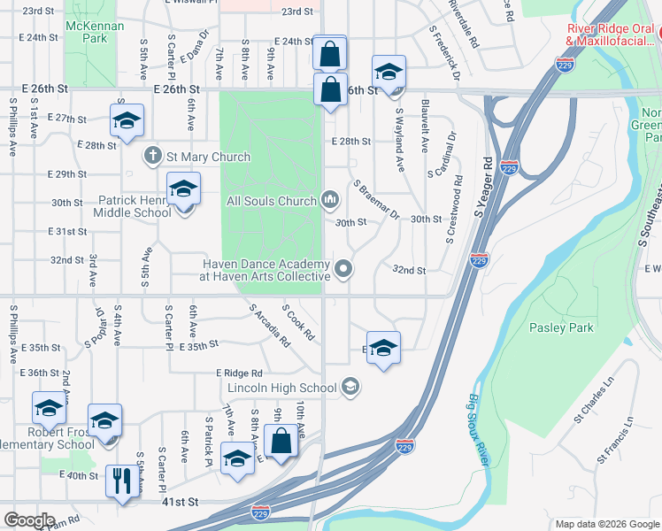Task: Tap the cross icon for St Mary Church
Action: (152, 156)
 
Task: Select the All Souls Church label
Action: (271, 201)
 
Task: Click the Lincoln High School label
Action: (281, 388)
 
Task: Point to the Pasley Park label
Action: (560, 327)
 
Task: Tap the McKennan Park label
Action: (92, 32)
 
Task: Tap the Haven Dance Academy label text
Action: (265, 270)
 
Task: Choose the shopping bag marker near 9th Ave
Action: (281, 442)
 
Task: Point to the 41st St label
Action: (180, 502)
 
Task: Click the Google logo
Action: (29, 520)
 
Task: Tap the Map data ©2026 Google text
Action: (606, 523)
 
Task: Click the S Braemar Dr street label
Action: (377, 201)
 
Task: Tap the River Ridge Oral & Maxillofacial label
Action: (612, 34)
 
